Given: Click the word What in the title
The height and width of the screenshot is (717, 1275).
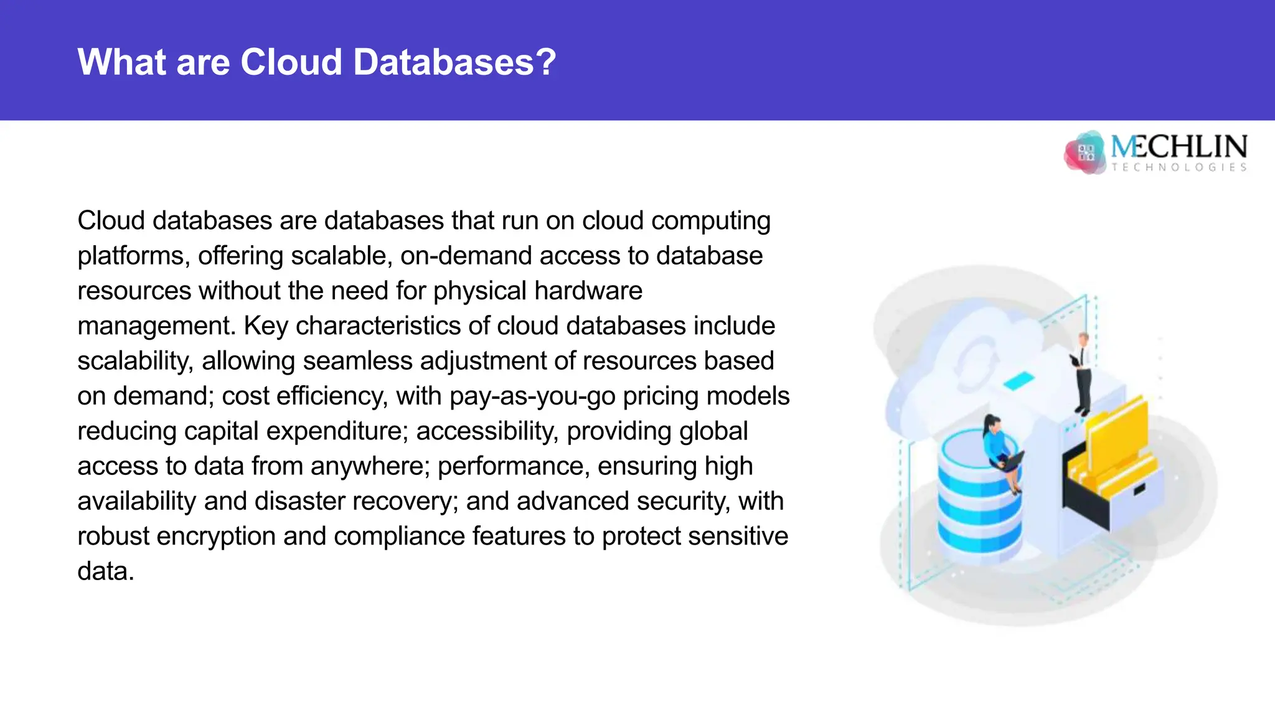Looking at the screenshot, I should tap(122, 62).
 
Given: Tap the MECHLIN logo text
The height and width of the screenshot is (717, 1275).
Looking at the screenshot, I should tap(1179, 147).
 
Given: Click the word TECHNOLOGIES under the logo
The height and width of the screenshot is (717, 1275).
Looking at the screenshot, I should tap(1179, 167).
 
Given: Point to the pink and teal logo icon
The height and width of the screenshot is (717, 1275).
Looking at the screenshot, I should tap(1085, 152).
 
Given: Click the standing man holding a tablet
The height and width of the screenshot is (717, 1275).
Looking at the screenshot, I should tap(1083, 373).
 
